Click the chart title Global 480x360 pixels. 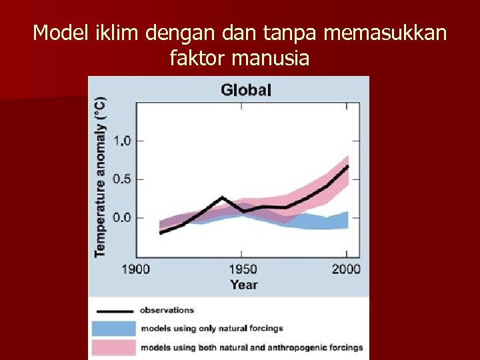pyautogui.click(x=246, y=90)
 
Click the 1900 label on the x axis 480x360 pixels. pyautogui.click(x=137, y=269)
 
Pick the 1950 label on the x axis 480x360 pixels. pyautogui.click(x=243, y=269)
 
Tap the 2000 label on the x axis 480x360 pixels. pyautogui.click(x=346, y=269)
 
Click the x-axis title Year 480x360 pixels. pyautogui.click(x=243, y=285)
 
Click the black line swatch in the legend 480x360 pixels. pyautogui.click(x=113, y=311)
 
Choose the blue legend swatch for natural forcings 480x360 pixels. pyautogui.click(x=113, y=329)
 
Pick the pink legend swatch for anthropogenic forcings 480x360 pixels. pyautogui.click(x=113, y=347)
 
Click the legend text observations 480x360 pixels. pyautogui.click(x=167, y=310)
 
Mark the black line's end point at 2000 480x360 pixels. pyautogui.click(x=347, y=166)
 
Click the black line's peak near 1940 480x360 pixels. pyautogui.click(x=222, y=197)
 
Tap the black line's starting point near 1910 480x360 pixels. pyautogui.click(x=161, y=233)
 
